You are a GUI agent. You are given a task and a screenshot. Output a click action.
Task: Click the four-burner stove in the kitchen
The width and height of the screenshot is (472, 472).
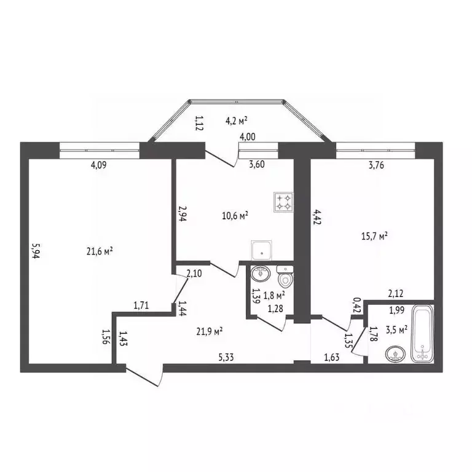(x=283, y=202)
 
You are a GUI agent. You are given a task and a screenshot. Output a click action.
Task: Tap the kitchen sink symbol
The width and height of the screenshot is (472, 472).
(x=262, y=250)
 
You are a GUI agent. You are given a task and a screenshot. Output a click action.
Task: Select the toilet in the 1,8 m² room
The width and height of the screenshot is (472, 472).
(x=285, y=276)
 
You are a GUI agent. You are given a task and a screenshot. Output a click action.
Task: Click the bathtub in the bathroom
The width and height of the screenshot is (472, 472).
(x=422, y=334)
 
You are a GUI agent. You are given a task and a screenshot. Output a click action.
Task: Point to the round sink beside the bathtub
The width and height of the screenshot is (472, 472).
(x=395, y=354)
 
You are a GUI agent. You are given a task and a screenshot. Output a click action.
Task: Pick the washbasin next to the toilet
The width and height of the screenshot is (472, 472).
(x=261, y=273)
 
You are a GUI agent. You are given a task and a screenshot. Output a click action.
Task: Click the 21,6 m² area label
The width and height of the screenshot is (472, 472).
(x=100, y=251)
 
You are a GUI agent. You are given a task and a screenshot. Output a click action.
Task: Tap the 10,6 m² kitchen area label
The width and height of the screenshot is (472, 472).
(x=235, y=216)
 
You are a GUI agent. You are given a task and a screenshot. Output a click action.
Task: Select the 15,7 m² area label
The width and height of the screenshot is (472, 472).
(x=374, y=236)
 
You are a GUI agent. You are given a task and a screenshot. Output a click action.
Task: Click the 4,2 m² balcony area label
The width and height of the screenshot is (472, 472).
(x=236, y=120)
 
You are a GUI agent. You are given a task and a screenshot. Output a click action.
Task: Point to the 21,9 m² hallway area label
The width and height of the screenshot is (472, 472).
(x=210, y=331)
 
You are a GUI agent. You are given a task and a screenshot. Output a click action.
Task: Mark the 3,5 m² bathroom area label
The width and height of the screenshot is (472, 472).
(x=396, y=329)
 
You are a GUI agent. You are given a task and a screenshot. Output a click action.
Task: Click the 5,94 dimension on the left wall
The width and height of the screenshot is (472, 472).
(x=36, y=251)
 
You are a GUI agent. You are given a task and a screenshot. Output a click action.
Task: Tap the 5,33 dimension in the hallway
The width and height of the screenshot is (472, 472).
(x=226, y=357)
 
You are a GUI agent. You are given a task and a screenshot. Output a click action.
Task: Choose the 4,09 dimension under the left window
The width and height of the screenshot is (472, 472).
(x=99, y=165)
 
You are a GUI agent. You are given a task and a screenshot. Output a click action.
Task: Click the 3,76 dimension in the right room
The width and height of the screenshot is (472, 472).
(x=376, y=165)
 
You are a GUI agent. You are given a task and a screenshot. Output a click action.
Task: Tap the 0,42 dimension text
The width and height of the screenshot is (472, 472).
(x=357, y=305)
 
